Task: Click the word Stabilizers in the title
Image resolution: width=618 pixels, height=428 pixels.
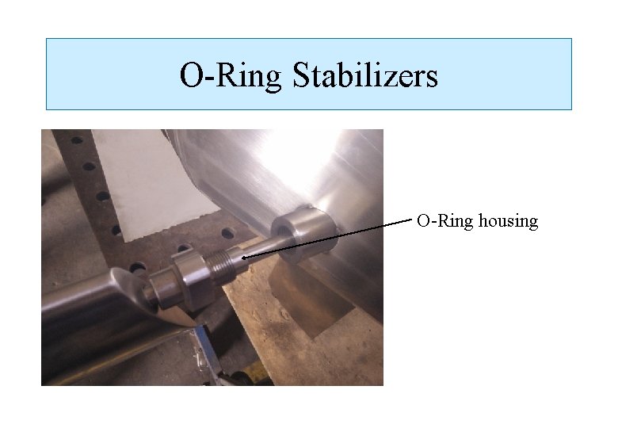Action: [364, 76]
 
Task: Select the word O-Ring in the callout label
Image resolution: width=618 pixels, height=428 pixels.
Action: [446, 221]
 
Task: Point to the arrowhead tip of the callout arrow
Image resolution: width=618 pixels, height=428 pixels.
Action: [242, 258]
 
